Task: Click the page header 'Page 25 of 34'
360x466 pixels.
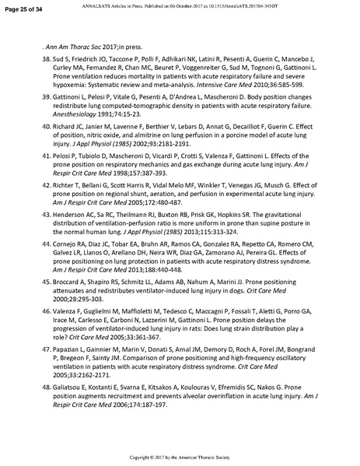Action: pos(23,8)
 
